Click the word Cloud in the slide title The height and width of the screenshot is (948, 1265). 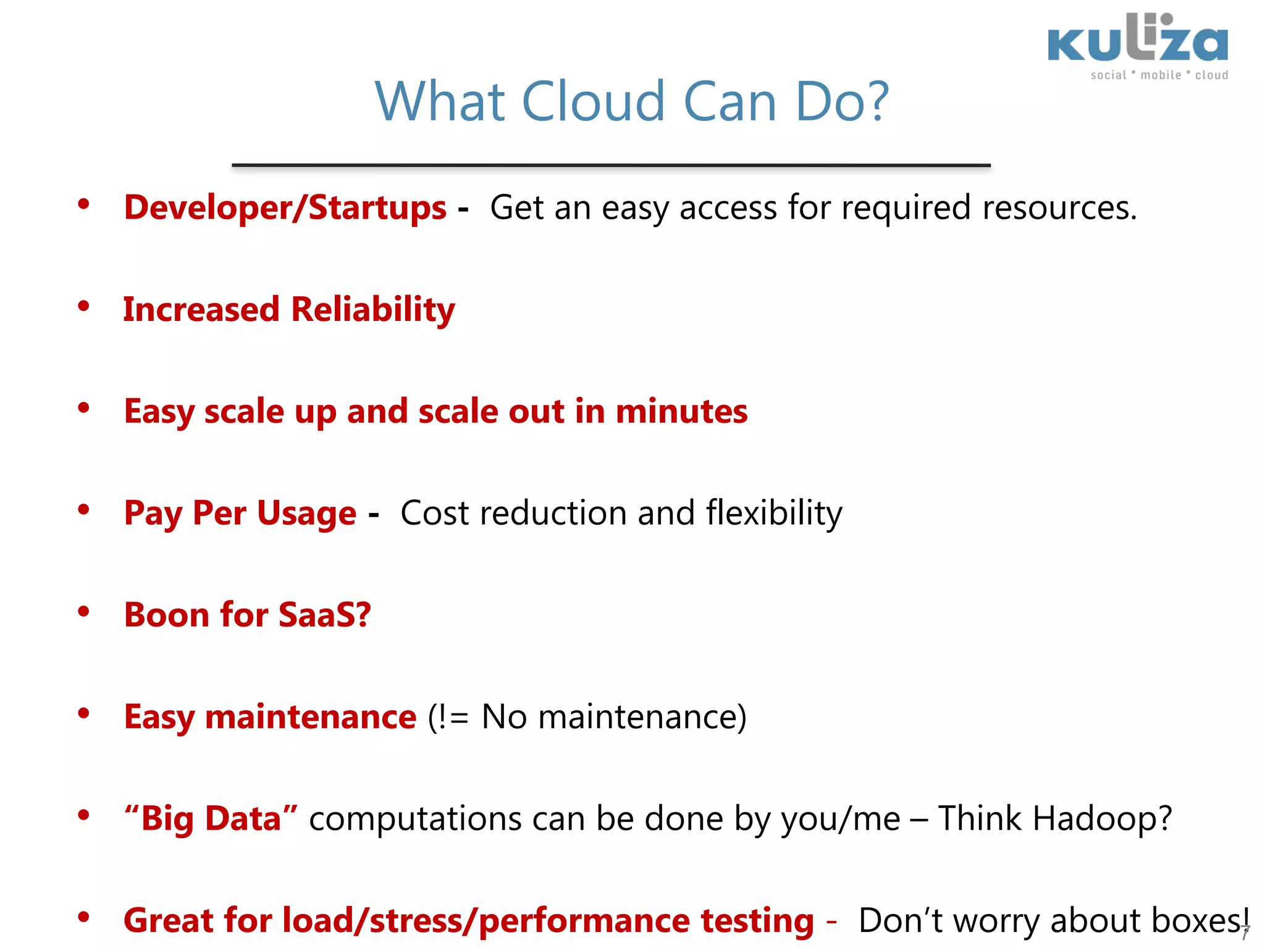click(x=594, y=102)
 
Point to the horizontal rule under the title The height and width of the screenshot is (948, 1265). click(x=611, y=165)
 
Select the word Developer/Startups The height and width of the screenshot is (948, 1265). click(x=285, y=208)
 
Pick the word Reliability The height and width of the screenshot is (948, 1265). click(x=372, y=310)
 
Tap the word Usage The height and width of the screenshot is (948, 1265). click(x=306, y=513)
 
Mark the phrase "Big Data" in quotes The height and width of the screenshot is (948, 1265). click(x=211, y=819)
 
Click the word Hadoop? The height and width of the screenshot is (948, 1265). click(x=1101, y=819)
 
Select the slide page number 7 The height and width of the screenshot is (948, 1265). click(x=1245, y=933)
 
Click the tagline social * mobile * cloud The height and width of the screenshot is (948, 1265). click(x=1159, y=75)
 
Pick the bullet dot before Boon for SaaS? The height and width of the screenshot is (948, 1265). click(x=84, y=612)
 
